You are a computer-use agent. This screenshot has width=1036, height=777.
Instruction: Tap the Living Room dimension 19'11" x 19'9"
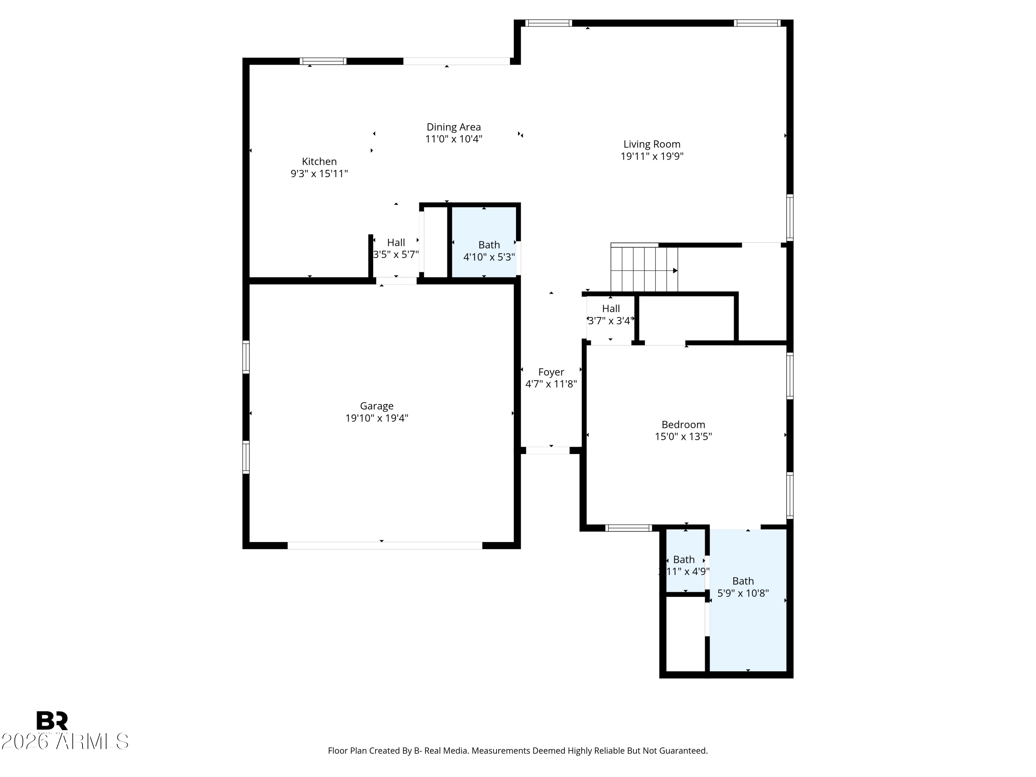pyautogui.click(x=652, y=156)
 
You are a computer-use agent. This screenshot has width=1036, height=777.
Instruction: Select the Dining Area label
pyautogui.click(x=453, y=127)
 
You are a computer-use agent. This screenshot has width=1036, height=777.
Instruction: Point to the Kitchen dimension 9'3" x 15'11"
pyautogui.click(x=319, y=174)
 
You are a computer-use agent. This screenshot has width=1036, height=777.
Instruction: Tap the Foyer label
pyautogui.click(x=551, y=372)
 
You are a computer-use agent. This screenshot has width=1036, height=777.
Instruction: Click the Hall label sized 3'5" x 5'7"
pyautogui.click(x=396, y=243)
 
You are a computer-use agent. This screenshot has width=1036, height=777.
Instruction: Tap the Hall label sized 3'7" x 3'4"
pyautogui.click(x=611, y=309)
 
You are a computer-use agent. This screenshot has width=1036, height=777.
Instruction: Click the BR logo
pyautogui.click(x=52, y=720)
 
